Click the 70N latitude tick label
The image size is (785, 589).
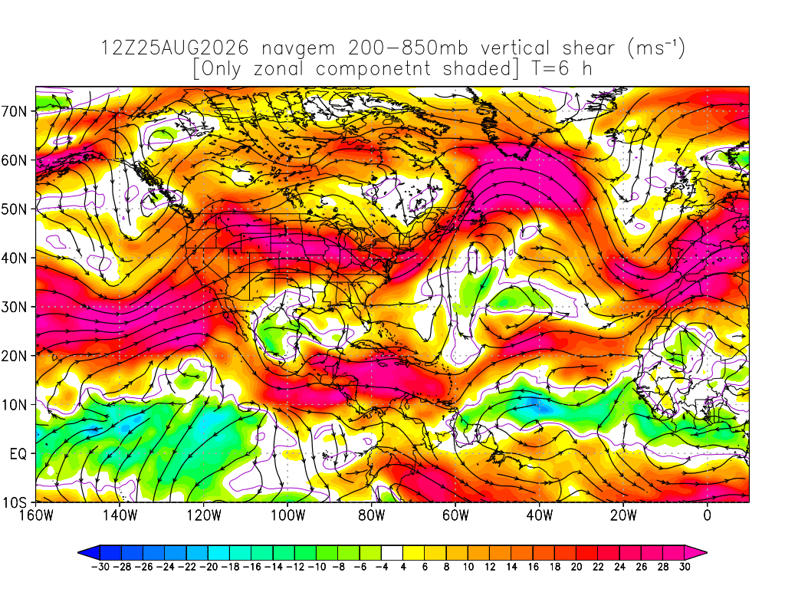pos(14,111)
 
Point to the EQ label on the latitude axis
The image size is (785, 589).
pos(18,454)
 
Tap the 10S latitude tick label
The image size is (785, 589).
pos(14,502)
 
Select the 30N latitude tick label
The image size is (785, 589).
pos(14,307)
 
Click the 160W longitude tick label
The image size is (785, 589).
pos(36,515)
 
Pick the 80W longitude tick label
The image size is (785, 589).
pos(372,515)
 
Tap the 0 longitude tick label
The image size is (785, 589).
pos(707,515)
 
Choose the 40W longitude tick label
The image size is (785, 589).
pos(539,515)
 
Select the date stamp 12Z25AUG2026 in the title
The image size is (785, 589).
pos(175,48)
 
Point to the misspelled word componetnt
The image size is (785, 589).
pos(373,69)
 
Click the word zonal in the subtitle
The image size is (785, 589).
pos(278,68)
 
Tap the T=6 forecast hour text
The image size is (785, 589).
pos(550,68)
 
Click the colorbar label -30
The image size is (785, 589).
pos(100,567)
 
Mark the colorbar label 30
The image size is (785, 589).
pos(685,567)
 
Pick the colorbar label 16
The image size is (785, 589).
pos(534,567)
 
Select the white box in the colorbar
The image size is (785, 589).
pos(392,553)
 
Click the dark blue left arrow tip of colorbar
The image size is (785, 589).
pos(79,553)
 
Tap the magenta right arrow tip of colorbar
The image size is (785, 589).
pos(706,553)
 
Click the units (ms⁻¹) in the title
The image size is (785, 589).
pos(656,48)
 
